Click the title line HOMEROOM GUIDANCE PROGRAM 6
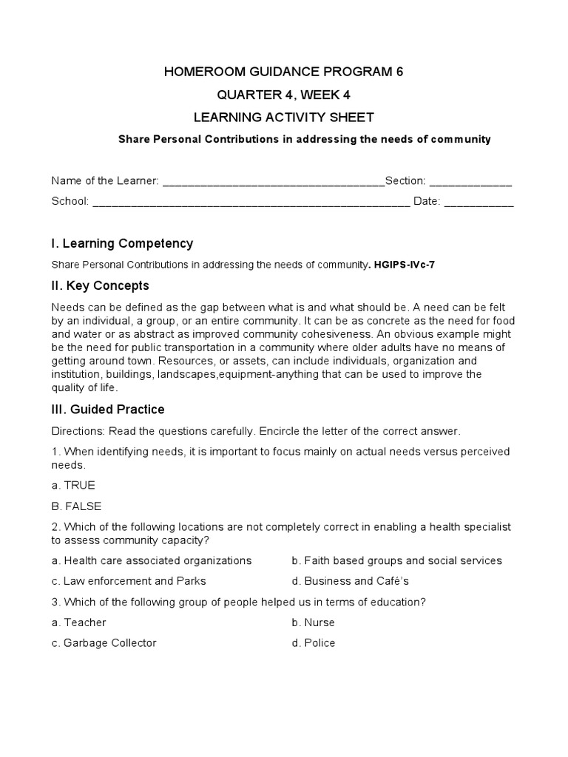(283, 72)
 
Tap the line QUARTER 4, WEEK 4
(283, 95)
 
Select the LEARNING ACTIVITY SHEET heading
(283, 118)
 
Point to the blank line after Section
(470, 182)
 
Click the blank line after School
(251, 202)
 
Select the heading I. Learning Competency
(122, 243)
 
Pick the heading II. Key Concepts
(100, 285)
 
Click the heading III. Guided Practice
(108, 410)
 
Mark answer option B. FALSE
(76, 506)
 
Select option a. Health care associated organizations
(152, 560)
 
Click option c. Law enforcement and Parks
(129, 581)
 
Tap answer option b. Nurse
(314, 622)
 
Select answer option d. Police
(314, 643)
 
